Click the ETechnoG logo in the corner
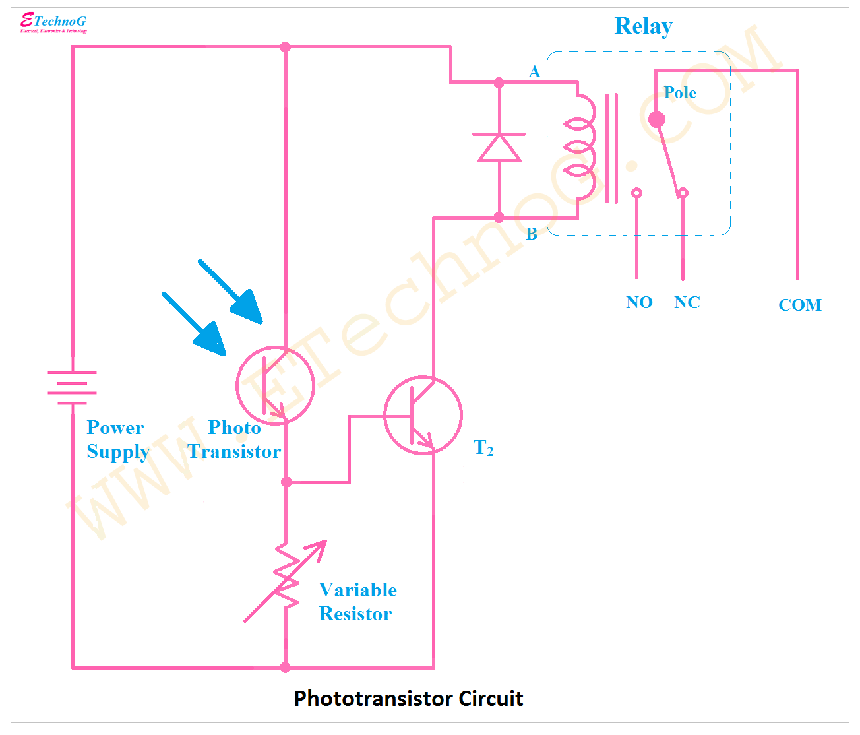point(53,22)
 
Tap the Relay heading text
point(643,26)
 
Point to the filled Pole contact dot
point(657,119)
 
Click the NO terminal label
point(639,303)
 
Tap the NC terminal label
point(687,303)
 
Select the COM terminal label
point(799,305)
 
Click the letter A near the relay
point(534,71)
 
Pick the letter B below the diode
point(532,234)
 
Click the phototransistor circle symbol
point(275,385)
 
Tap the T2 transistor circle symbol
point(423,416)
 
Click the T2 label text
point(483,448)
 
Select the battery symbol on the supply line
point(72,387)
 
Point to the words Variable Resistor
point(357,602)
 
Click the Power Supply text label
point(117,439)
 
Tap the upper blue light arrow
point(231,291)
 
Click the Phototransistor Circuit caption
point(408,699)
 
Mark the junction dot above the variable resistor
point(286,482)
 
